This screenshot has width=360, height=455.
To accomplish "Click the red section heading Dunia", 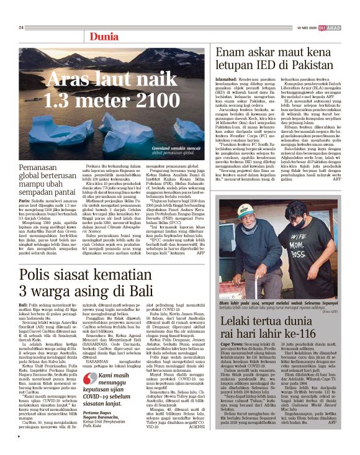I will tap(104, 37).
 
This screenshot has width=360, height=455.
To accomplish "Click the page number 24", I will tap(21, 27).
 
